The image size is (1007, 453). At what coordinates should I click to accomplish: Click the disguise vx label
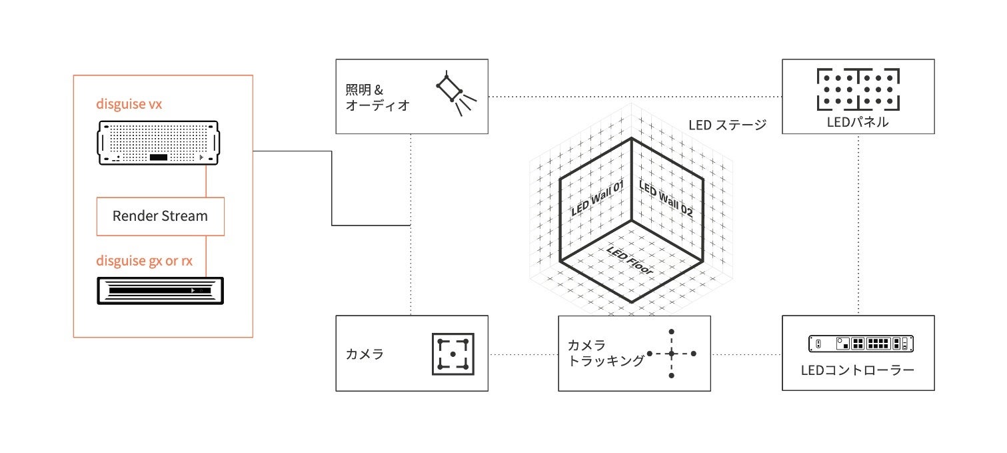(x=129, y=104)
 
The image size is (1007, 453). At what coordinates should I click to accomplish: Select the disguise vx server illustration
(x=159, y=142)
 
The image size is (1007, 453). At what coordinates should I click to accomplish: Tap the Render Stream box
(x=160, y=216)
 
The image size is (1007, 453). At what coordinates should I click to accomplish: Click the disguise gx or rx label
(x=144, y=260)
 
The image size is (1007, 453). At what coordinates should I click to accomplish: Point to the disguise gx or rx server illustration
(x=161, y=291)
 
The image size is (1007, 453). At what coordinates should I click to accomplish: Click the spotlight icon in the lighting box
(x=455, y=95)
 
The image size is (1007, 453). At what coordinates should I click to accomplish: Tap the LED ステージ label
(x=727, y=124)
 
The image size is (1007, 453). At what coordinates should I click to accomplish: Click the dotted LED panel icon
(x=858, y=89)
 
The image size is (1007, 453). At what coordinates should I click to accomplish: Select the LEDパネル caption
(x=858, y=122)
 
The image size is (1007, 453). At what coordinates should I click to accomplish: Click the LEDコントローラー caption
(x=858, y=370)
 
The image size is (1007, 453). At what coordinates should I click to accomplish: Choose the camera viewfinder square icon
(x=453, y=353)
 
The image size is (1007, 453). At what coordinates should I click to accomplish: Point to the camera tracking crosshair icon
(x=672, y=354)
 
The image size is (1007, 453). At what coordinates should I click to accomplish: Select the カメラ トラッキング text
(x=605, y=353)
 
